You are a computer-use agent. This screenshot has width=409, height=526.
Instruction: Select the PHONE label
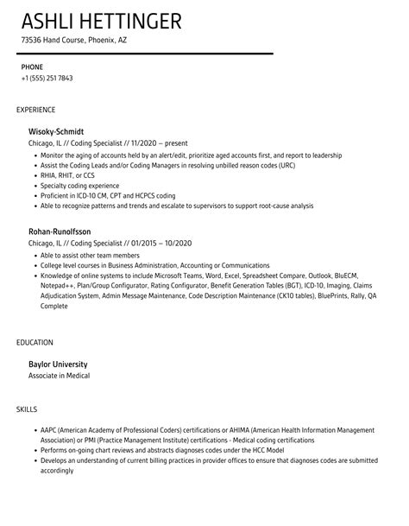coord(32,66)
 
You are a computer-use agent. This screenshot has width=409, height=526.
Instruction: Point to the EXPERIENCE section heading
coord(36,110)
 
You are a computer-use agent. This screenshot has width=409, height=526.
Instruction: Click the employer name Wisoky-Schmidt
coord(57,130)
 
